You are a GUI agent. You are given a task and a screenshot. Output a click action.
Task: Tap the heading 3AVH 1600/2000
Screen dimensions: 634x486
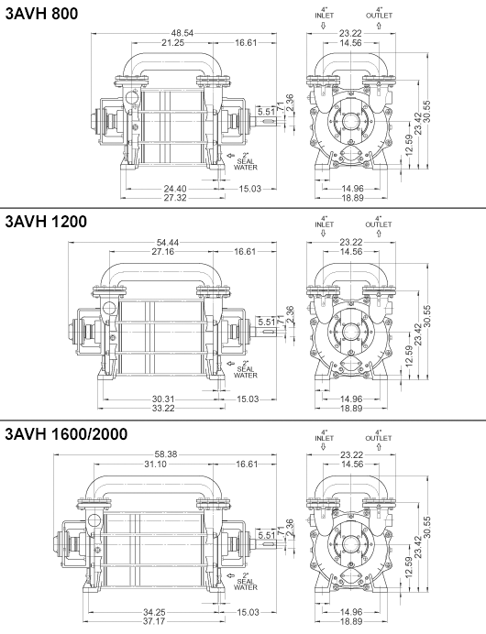point(76,433)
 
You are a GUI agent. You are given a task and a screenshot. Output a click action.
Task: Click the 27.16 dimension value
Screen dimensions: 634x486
point(162,252)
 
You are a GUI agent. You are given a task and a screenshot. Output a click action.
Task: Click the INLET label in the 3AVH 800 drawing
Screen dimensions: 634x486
point(324,15)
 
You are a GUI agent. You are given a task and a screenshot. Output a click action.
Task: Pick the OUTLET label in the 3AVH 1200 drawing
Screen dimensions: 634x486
point(378,224)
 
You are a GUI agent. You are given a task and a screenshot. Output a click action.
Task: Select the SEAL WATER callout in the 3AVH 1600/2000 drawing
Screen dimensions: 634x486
point(246,581)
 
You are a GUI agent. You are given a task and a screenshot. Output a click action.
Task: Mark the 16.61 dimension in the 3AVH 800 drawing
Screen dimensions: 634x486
point(246,42)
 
